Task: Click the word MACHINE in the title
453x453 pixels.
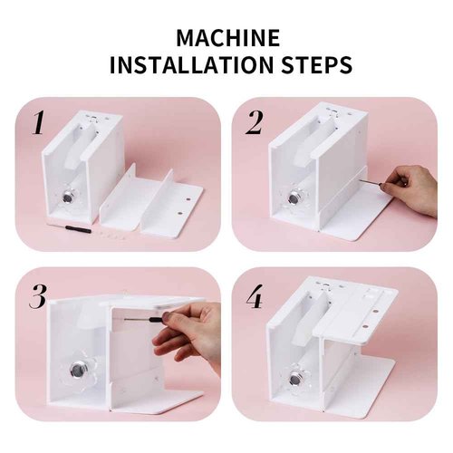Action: pyautogui.click(x=226, y=39)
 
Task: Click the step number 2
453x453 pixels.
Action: pyautogui.click(x=255, y=121)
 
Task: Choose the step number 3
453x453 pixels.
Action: pyautogui.click(x=38, y=296)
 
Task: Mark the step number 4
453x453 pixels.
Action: pyautogui.click(x=255, y=296)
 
